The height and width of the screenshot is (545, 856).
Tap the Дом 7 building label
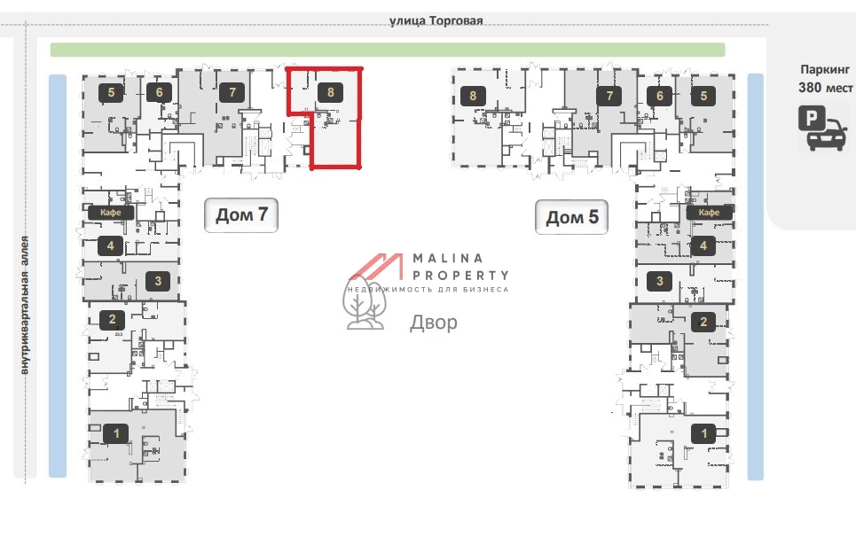coord(240,215)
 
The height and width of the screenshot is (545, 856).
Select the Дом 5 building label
coord(571,217)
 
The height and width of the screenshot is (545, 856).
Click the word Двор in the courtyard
coord(434,323)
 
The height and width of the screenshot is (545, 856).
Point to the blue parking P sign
coord(810,118)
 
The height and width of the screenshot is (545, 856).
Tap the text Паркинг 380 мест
coord(827,78)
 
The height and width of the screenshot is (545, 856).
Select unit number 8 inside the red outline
coord(330,91)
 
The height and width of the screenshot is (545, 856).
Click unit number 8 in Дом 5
coord(473,96)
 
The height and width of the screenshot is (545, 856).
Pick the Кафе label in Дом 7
coord(111,213)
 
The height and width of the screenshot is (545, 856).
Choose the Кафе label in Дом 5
coord(709,213)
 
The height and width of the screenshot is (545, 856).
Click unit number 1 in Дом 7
coord(115,433)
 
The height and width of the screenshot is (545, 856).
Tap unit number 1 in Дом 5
coord(705,433)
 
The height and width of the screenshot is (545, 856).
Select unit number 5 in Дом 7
coord(111,91)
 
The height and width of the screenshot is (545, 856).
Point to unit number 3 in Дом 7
coord(158,282)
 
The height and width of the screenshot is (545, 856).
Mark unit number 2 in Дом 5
coord(703,322)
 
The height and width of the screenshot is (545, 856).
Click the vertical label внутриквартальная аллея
coord(26,306)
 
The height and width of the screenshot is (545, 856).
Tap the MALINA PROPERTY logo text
coord(459,267)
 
